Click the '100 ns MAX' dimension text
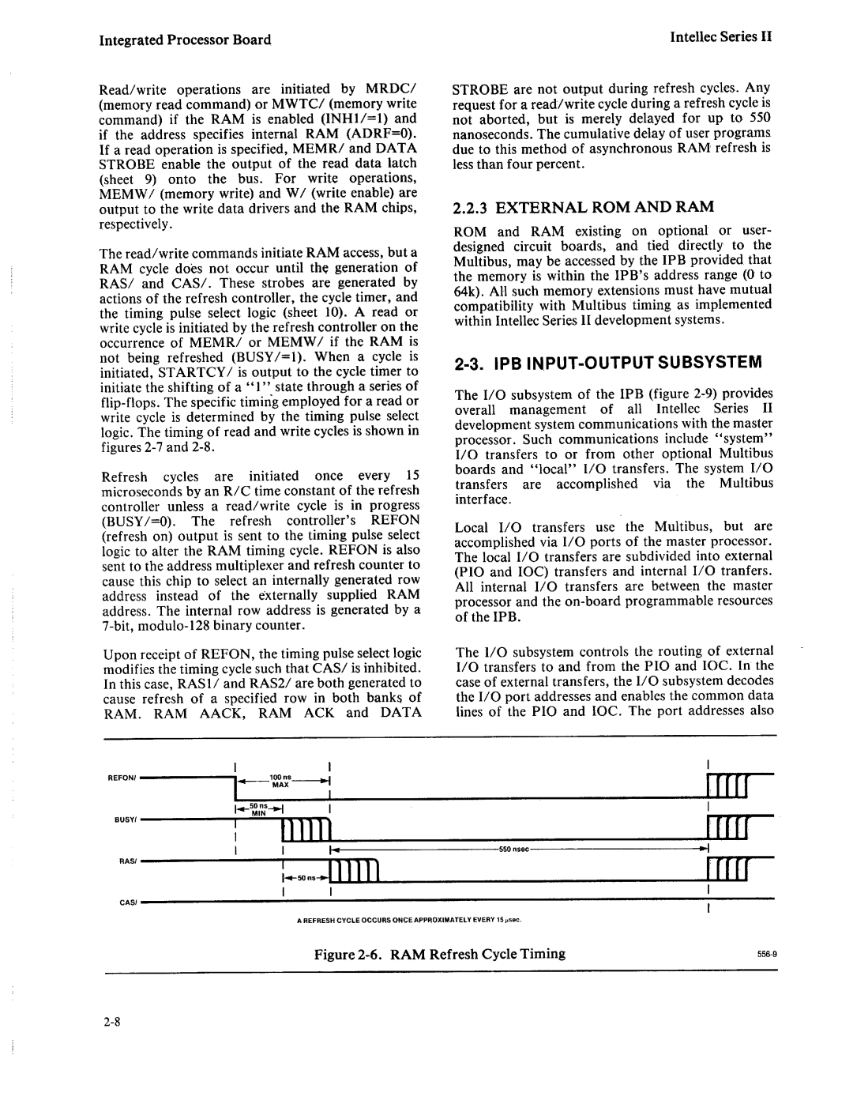click(281, 782)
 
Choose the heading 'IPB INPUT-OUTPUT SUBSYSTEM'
click(607, 363)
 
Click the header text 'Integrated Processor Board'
click(186, 40)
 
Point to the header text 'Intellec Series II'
click(720, 37)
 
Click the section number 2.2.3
click(472, 207)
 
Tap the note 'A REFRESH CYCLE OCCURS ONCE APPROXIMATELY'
click(412, 920)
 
